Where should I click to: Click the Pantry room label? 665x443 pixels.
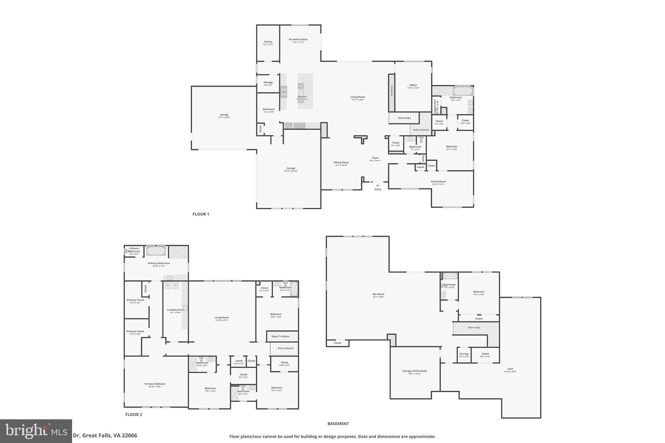click(x=268, y=42)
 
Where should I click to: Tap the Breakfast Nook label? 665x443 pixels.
click(x=298, y=40)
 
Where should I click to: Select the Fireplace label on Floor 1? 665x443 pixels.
click(x=392, y=91)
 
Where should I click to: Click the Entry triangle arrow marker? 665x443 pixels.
click(x=378, y=185)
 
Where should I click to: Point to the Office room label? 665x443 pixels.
click(x=413, y=85)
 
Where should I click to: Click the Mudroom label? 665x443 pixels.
click(x=269, y=109)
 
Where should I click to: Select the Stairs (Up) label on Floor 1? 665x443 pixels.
click(x=404, y=118)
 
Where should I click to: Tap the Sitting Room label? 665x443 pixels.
click(x=438, y=182)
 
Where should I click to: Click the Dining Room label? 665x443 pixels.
click(x=341, y=163)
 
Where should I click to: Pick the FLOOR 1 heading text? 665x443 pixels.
click(x=201, y=214)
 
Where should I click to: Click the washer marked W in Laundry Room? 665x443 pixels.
click(x=168, y=285)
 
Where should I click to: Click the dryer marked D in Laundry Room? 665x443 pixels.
click(x=176, y=285)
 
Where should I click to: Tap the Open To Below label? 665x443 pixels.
click(x=281, y=336)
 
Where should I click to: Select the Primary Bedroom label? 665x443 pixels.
click(x=155, y=384)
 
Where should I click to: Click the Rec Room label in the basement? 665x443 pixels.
click(x=378, y=294)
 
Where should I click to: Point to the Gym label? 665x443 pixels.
click(x=510, y=369)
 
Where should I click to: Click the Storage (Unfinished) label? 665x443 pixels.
click(x=414, y=371)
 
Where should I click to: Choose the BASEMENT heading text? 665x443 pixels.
click(x=338, y=424)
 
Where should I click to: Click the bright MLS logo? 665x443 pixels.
click(x=36, y=431)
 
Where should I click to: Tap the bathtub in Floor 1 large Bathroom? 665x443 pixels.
click(x=463, y=91)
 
